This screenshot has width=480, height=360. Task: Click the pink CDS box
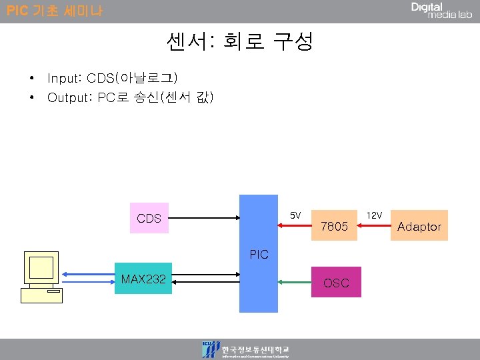pyautogui.click(x=149, y=218)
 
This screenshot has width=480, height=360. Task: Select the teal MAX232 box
pyautogui.click(x=143, y=278)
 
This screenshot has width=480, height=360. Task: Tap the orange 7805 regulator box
pyautogui.click(x=334, y=227)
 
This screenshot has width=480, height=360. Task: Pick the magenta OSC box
pyautogui.click(x=336, y=283)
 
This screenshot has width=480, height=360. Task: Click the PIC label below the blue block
pyautogui.click(x=259, y=254)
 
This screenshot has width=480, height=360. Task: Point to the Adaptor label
pyautogui.click(x=419, y=227)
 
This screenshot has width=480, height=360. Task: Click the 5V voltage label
pyautogui.click(x=296, y=215)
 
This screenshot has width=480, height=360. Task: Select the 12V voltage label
pyautogui.click(x=374, y=215)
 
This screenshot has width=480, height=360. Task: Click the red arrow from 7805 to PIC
pyautogui.click(x=295, y=227)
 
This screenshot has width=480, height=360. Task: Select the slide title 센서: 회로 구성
pyautogui.click(x=239, y=43)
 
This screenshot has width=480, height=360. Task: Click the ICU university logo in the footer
pyautogui.click(x=211, y=349)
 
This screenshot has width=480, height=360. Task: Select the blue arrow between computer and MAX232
pyautogui.click(x=87, y=273)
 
